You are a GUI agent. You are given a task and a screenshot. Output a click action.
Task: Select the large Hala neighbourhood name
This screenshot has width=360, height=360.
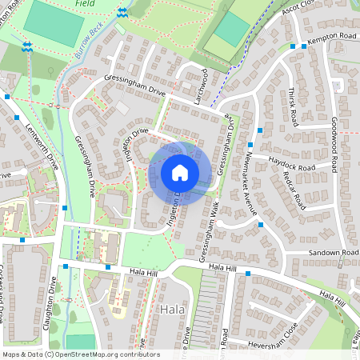[173, 310]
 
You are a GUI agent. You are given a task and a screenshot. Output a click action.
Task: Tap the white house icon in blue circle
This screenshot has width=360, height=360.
[180, 173]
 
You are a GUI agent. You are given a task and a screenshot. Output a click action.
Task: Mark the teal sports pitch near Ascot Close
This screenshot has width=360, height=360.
[230, 30]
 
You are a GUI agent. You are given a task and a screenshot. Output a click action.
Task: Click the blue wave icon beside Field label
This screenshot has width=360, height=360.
[122, 13]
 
